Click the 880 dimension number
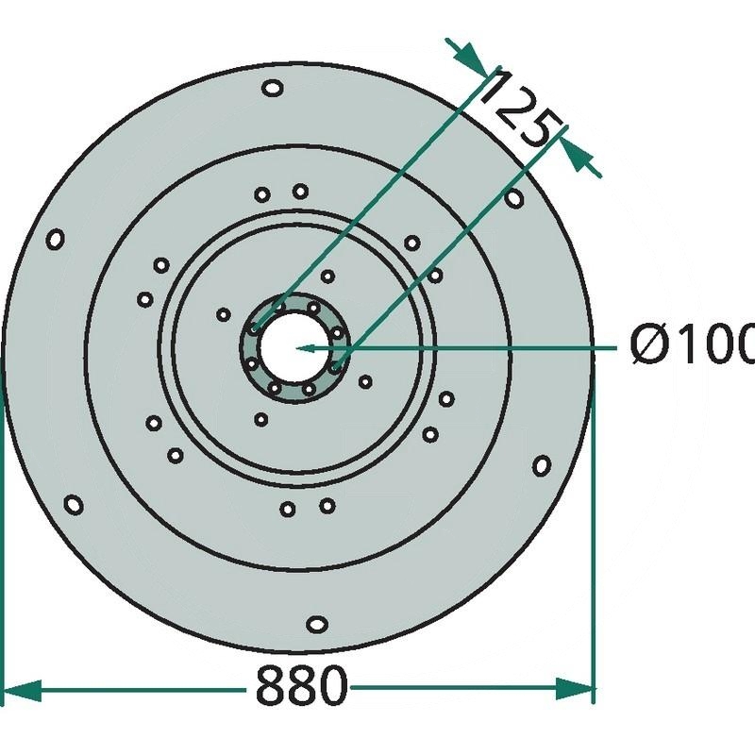pyautogui.click(x=301, y=685)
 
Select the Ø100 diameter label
pyautogui.click(x=693, y=344)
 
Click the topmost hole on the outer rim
pyautogui.click(x=273, y=88)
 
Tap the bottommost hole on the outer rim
pyautogui.click(x=317, y=624)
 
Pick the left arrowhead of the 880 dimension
pyautogui.click(x=22, y=690)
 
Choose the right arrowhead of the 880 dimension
pyautogui.click(x=574, y=689)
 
